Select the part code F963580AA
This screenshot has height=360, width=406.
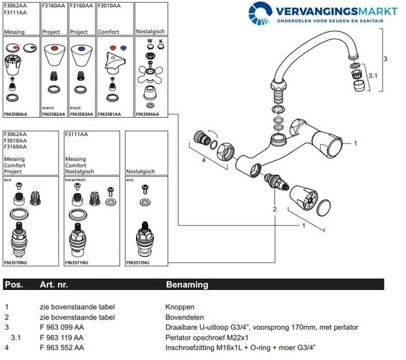(16, 114)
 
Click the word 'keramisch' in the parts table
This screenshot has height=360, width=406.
(76, 179)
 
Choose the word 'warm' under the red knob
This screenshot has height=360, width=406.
(48, 108)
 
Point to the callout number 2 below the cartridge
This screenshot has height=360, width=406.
(275, 209)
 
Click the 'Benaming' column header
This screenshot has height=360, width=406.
(186, 285)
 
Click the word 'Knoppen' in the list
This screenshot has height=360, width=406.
(180, 306)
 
